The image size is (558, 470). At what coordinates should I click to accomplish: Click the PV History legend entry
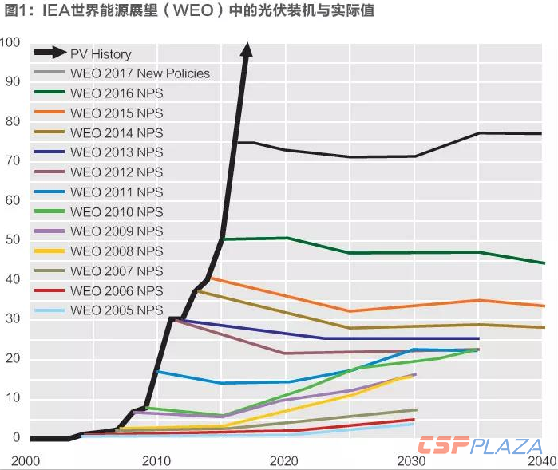[101, 53]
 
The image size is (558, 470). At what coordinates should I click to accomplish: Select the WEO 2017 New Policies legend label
[140, 73]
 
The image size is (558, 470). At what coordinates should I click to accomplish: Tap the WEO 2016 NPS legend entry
[117, 93]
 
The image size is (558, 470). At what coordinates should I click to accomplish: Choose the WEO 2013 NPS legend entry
[117, 152]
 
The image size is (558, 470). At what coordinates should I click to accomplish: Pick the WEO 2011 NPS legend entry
[117, 192]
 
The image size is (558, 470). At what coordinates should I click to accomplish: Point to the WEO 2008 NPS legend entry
[117, 251]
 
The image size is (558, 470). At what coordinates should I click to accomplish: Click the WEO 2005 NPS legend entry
[117, 310]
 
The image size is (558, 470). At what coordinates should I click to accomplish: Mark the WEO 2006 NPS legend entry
[117, 291]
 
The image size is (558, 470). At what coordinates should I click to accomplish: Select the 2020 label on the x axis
[284, 460]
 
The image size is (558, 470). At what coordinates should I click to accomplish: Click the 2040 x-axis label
[542, 460]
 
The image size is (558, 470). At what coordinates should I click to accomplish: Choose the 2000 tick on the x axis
[26, 460]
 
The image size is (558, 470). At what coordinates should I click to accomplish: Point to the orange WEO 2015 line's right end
[544, 306]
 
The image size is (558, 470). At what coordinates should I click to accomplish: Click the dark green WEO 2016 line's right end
[544, 263]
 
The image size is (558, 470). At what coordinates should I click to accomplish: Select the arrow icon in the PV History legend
[49, 53]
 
